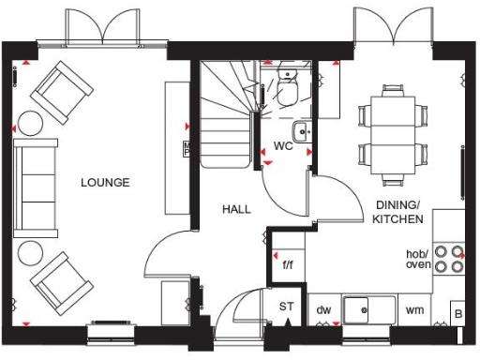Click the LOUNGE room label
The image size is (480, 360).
click(105, 182)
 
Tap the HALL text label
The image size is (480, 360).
click(236, 209)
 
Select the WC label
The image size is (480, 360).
click(284, 146)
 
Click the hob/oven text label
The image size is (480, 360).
click(418, 260)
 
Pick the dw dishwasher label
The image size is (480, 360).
click(324, 308)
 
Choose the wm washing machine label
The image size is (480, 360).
click(413, 308)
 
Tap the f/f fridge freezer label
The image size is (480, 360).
click(289, 264)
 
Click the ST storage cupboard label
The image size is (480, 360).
click(286, 307)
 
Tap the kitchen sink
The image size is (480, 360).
click(367, 309)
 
